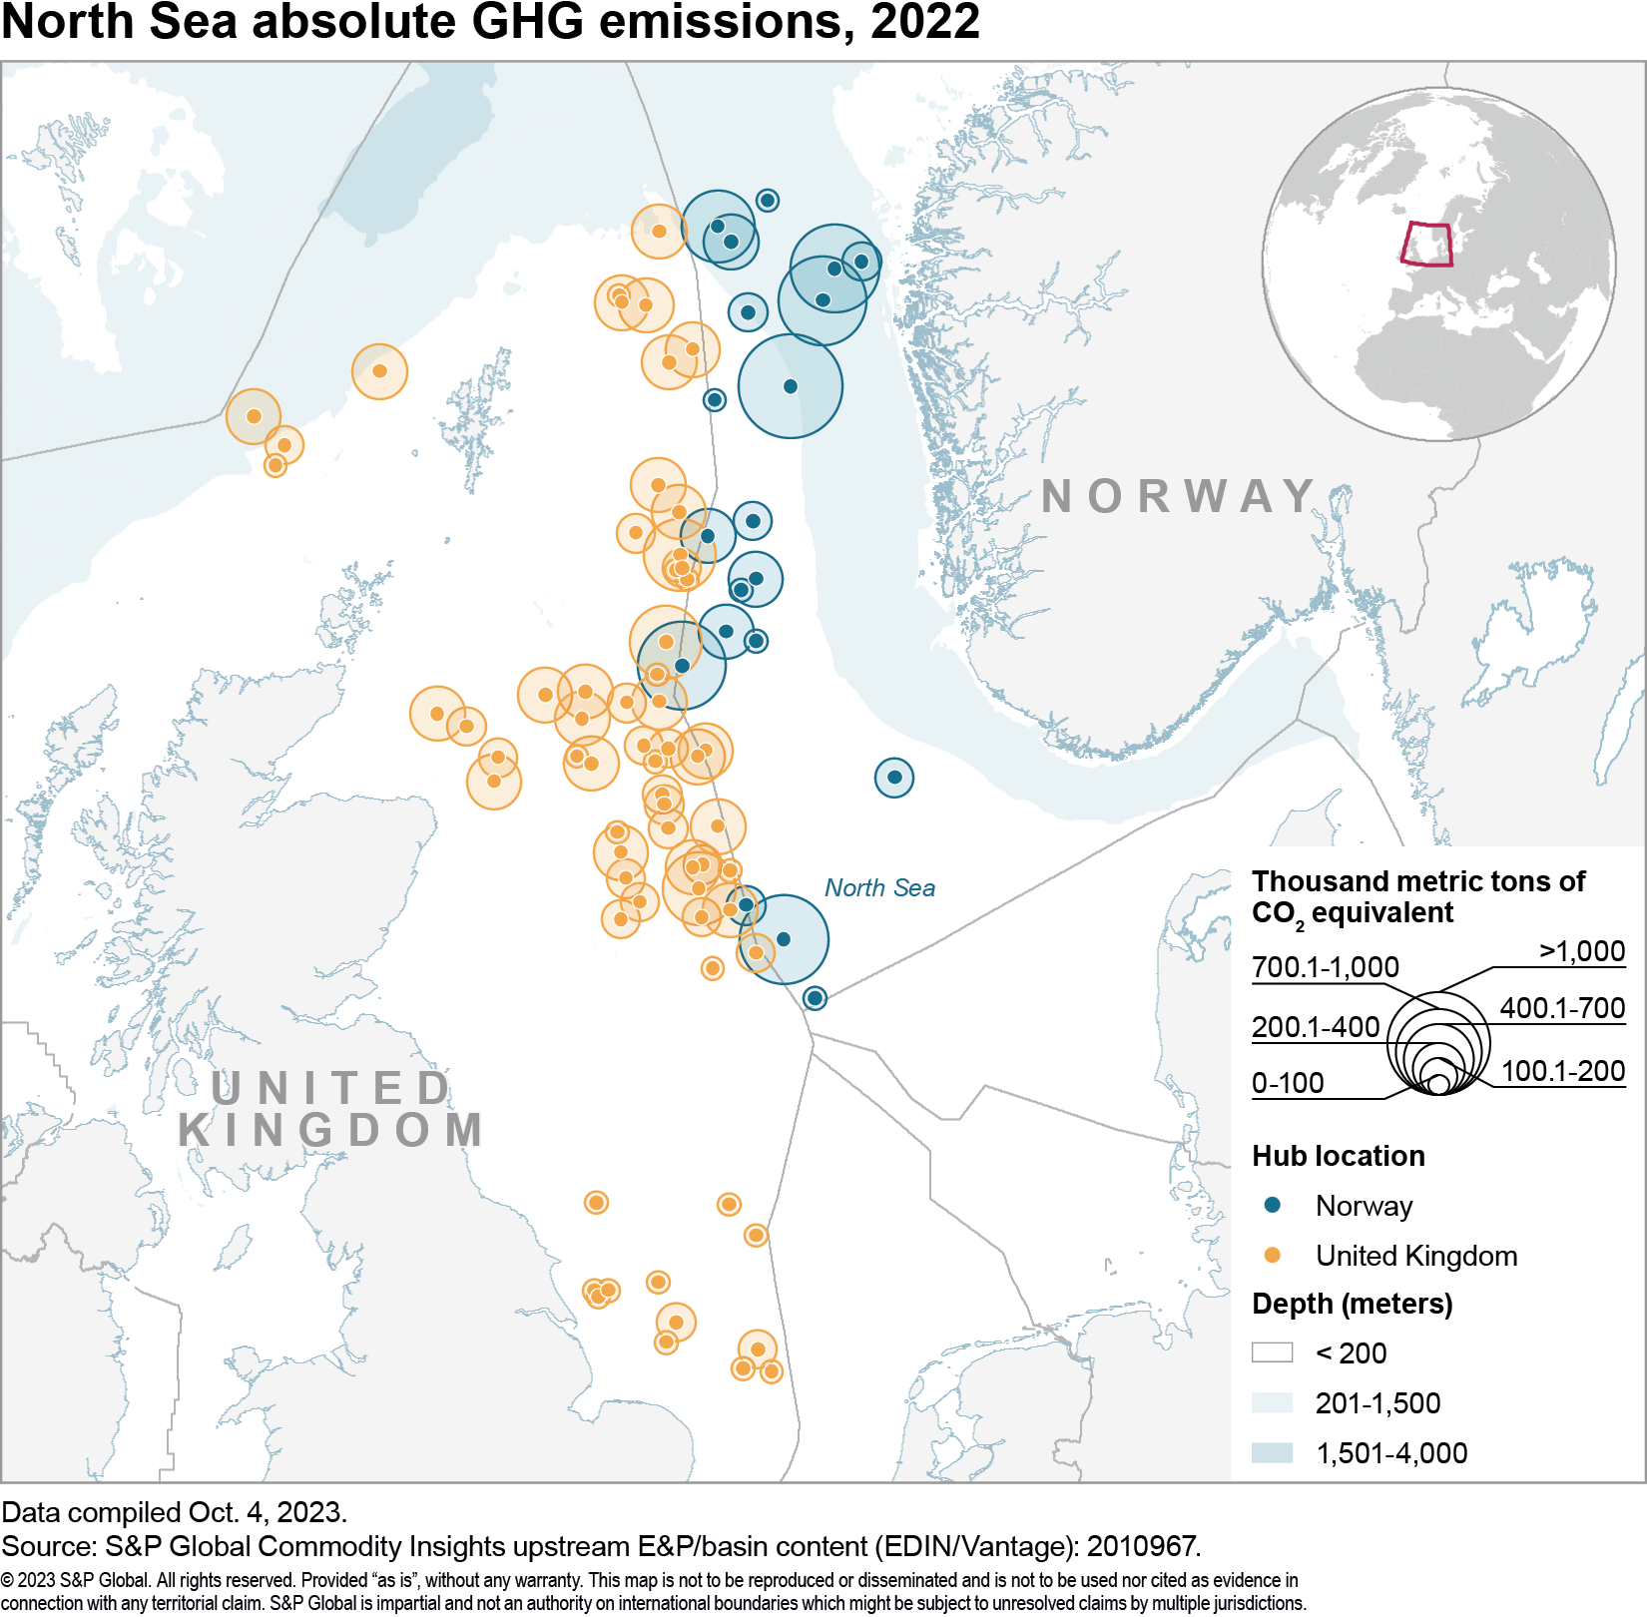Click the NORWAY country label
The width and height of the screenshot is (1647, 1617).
coord(1178,496)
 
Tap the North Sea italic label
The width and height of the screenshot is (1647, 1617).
coord(879,887)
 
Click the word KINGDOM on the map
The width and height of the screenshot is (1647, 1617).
coord(331,1130)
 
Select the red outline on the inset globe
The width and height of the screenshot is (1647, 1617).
coord(1426,245)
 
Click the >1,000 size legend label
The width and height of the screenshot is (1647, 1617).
coord(1582,951)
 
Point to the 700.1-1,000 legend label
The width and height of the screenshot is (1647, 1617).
coord(1326,966)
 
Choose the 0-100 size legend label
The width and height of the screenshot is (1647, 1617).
coord(1288,1083)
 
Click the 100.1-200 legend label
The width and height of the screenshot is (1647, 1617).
coord(1563,1071)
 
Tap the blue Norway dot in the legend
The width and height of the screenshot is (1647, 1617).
coord(1272,1205)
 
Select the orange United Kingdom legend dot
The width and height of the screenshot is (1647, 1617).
coord(1272,1255)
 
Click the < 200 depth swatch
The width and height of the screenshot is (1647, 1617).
coord(1272,1352)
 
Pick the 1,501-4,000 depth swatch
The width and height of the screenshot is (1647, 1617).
coord(1272,1452)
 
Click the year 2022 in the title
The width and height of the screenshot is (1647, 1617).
coord(925,22)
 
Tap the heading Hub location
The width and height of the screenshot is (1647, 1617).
coord(1338,1155)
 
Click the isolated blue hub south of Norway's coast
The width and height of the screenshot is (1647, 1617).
coord(894,777)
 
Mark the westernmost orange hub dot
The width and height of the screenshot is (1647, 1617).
coord(254,416)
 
